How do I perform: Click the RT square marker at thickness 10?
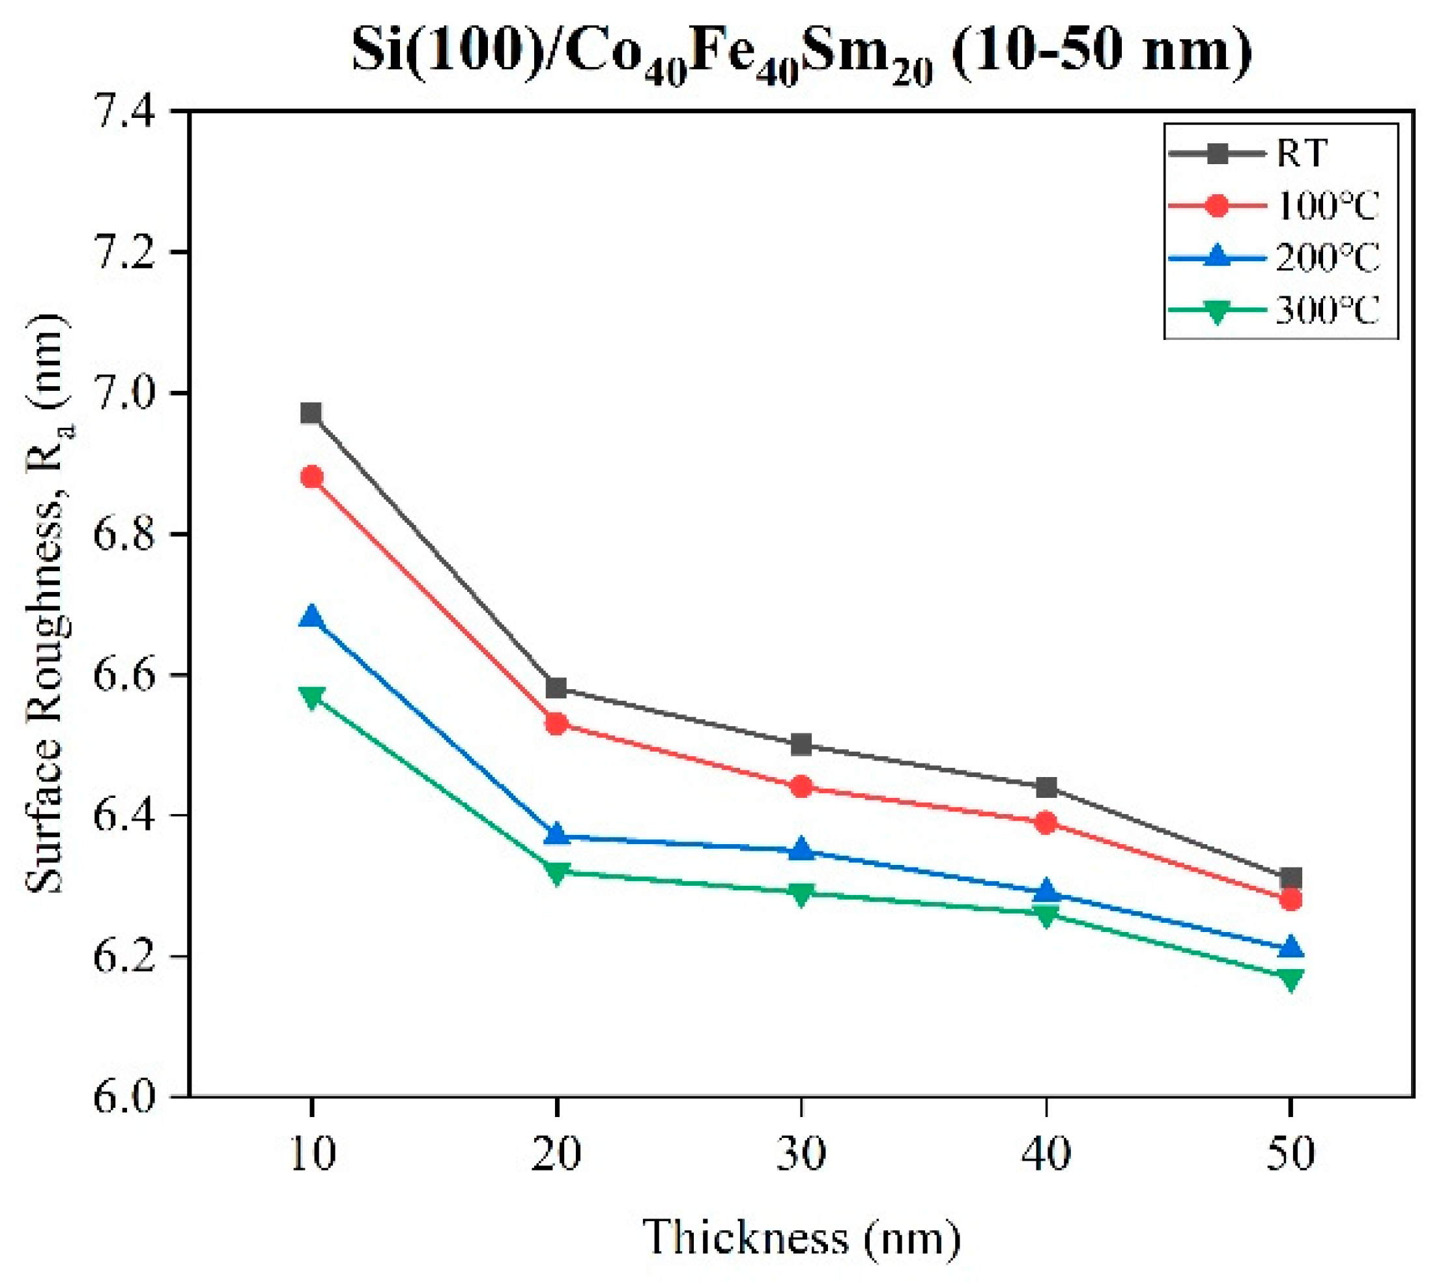click(x=311, y=413)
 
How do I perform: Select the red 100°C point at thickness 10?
click(x=311, y=477)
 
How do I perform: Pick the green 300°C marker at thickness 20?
click(x=556, y=872)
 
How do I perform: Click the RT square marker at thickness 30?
click(x=801, y=744)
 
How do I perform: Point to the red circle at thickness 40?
click(x=1046, y=823)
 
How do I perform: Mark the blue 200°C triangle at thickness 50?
click(x=1291, y=948)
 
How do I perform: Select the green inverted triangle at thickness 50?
click(x=1291, y=979)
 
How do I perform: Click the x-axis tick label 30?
click(x=801, y=1153)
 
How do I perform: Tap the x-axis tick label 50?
click(x=1291, y=1153)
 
